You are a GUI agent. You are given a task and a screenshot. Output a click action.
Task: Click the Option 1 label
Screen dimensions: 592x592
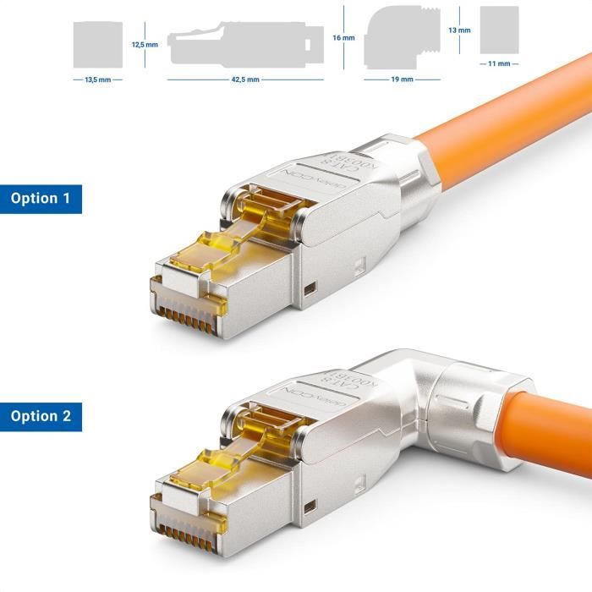[41, 199]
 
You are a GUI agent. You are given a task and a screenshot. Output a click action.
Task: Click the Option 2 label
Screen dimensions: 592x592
[41, 416]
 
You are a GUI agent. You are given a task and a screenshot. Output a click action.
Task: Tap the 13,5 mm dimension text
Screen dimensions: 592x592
[99, 79]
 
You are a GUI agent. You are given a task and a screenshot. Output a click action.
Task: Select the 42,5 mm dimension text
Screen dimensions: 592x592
[245, 79]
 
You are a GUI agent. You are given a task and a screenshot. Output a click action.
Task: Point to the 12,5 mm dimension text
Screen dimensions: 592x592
[145, 44]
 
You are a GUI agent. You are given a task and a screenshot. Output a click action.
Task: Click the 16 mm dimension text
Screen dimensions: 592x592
[343, 38]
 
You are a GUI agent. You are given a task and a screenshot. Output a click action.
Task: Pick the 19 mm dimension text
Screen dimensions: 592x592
[402, 79]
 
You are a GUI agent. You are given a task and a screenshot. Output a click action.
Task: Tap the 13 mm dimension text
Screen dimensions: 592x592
[459, 30]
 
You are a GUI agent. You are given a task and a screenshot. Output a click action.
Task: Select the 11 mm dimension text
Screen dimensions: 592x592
[498, 63]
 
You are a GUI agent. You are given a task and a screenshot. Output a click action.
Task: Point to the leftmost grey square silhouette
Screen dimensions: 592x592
[98, 44]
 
